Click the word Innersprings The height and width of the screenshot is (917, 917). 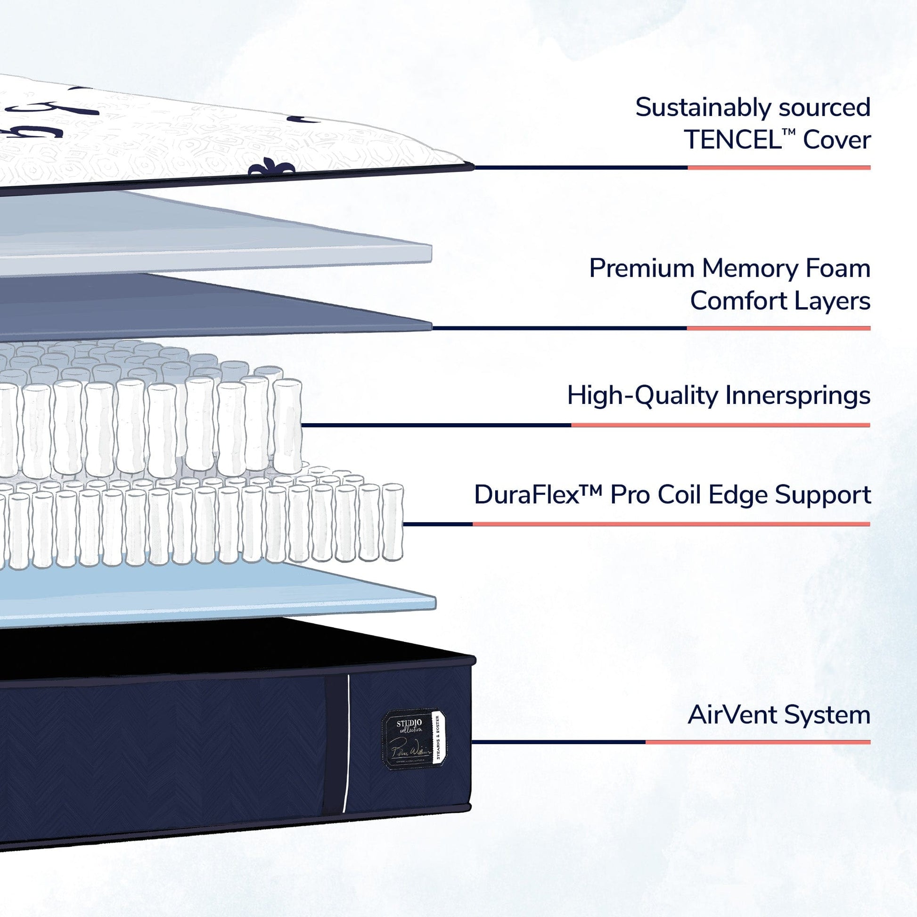[798, 396]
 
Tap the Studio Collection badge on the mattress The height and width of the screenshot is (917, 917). [413, 739]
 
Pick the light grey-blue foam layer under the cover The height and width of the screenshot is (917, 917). [213, 233]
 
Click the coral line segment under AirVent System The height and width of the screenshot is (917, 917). [758, 742]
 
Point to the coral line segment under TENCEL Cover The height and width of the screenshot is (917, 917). [778, 168]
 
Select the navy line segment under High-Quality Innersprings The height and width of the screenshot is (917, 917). [437, 425]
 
